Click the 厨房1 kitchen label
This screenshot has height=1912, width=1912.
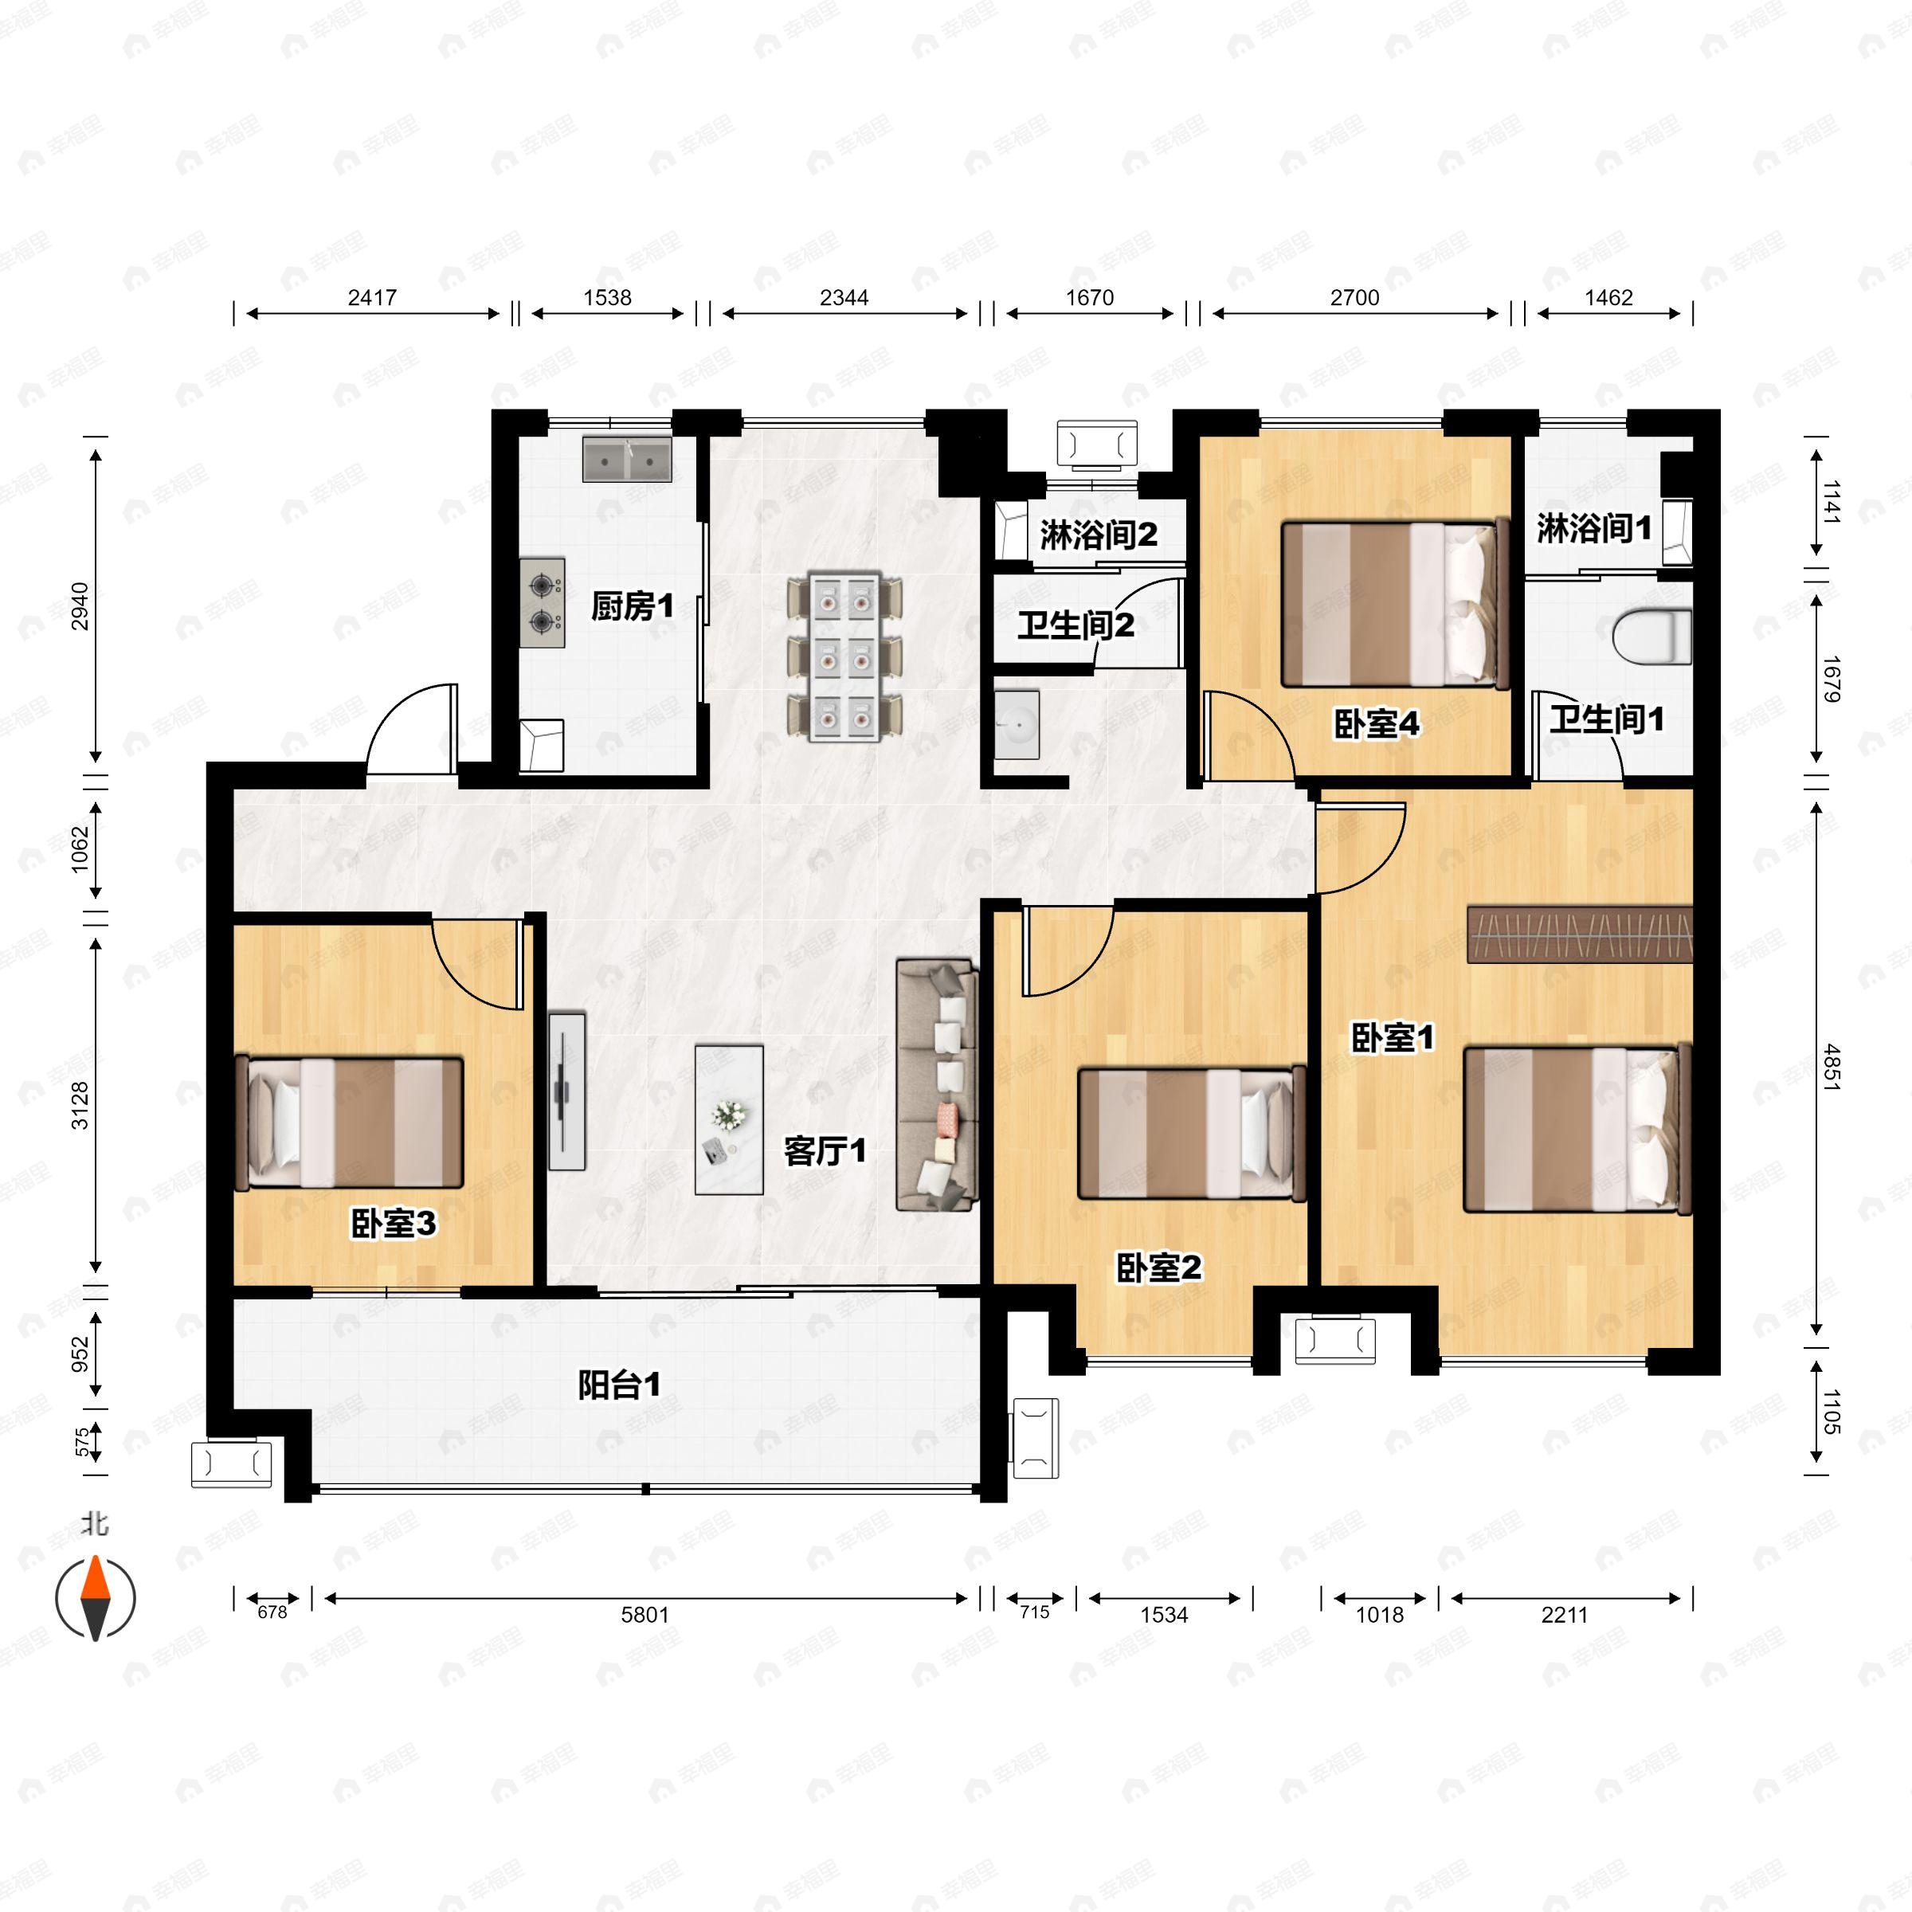tap(633, 605)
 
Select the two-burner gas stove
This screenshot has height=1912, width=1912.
tap(543, 603)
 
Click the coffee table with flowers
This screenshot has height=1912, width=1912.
tap(728, 1119)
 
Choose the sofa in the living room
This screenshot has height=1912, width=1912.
tap(936, 1083)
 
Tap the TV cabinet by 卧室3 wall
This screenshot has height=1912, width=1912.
tap(567, 1090)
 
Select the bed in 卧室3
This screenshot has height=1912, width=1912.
tap(350, 1123)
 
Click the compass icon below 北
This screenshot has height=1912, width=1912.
tap(95, 1597)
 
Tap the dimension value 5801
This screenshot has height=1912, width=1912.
tap(645, 1614)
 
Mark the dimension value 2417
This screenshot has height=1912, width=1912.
tap(372, 297)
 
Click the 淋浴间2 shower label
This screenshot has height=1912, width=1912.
tap(1099, 535)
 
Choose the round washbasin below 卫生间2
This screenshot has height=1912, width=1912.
tap(1017, 724)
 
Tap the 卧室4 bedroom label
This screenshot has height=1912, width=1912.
tap(1377, 723)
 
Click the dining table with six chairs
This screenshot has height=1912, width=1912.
tap(844, 655)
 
